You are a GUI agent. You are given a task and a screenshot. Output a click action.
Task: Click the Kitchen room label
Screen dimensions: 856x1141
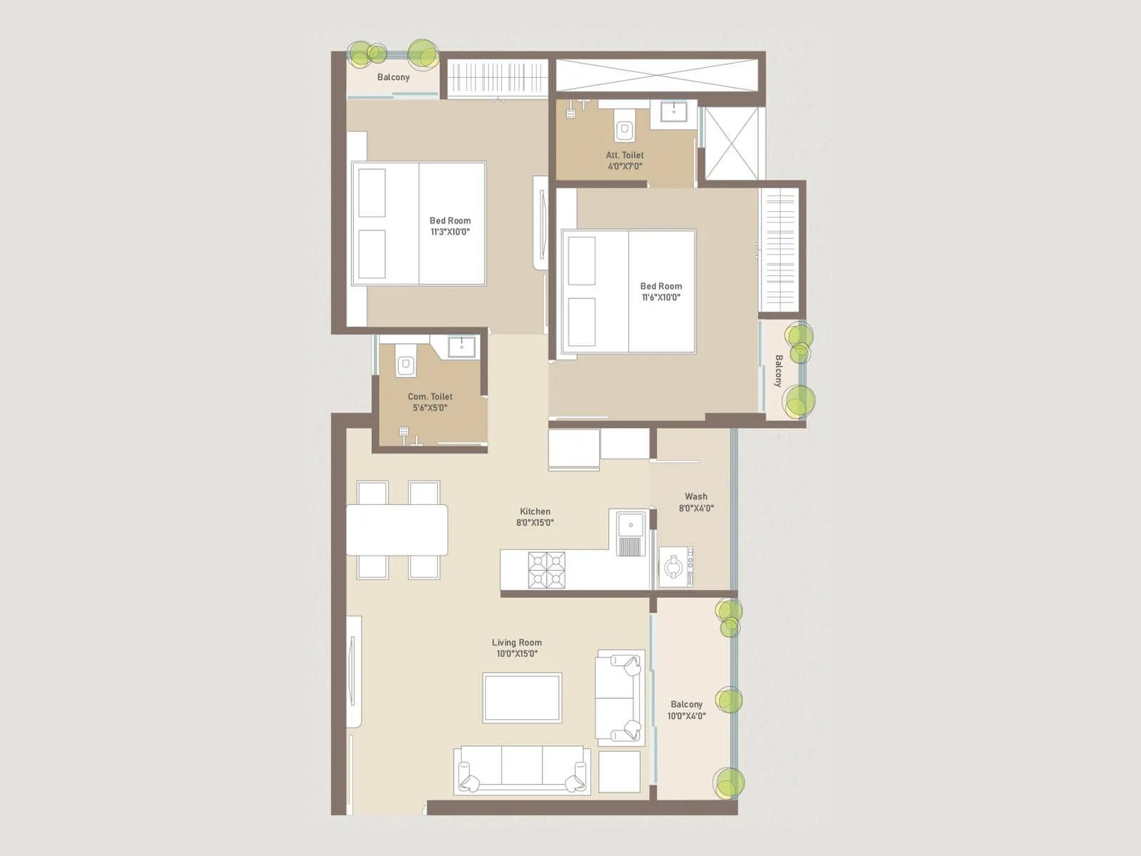pyautogui.click(x=535, y=511)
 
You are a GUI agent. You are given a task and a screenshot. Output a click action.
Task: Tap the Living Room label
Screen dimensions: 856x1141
pyautogui.click(x=516, y=643)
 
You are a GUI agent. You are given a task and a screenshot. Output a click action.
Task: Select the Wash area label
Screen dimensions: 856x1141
pyautogui.click(x=696, y=496)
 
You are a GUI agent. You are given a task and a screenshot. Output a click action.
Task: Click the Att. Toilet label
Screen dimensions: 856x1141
pyautogui.click(x=625, y=155)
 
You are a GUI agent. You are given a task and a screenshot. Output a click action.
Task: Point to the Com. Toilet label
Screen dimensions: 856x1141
pyautogui.click(x=430, y=397)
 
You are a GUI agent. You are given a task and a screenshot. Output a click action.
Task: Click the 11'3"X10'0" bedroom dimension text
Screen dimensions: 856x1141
pyautogui.click(x=450, y=232)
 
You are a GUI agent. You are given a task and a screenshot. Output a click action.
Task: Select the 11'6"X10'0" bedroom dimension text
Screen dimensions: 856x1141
pyautogui.click(x=660, y=297)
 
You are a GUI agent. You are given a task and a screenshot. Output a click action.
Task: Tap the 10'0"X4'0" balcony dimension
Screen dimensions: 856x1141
pyautogui.click(x=686, y=715)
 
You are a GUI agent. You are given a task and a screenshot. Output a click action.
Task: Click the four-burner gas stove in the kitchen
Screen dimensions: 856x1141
pyautogui.click(x=546, y=570)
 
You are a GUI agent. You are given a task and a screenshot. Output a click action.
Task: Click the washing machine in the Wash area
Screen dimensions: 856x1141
pyautogui.click(x=675, y=566)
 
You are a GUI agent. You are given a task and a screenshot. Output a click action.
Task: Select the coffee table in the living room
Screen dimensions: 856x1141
pyautogui.click(x=522, y=698)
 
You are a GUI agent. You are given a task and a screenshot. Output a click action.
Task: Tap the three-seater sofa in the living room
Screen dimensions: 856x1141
pyautogui.click(x=522, y=770)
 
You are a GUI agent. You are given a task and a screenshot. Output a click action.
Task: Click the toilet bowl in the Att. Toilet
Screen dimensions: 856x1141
pyautogui.click(x=625, y=128)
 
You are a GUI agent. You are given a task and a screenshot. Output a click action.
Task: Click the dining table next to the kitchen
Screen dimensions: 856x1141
pyautogui.click(x=397, y=529)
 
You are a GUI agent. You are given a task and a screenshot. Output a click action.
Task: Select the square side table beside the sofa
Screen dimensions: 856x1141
pyautogui.click(x=619, y=771)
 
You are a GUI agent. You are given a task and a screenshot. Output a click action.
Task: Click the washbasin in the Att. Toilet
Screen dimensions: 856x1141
pyautogui.click(x=673, y=113)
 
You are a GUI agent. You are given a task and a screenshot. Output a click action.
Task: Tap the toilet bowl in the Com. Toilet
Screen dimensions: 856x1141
pyautogui.click(x=406, y=364)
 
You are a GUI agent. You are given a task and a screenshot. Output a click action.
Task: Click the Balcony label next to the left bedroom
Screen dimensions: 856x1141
pyautogui.click(x=394, y=77)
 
